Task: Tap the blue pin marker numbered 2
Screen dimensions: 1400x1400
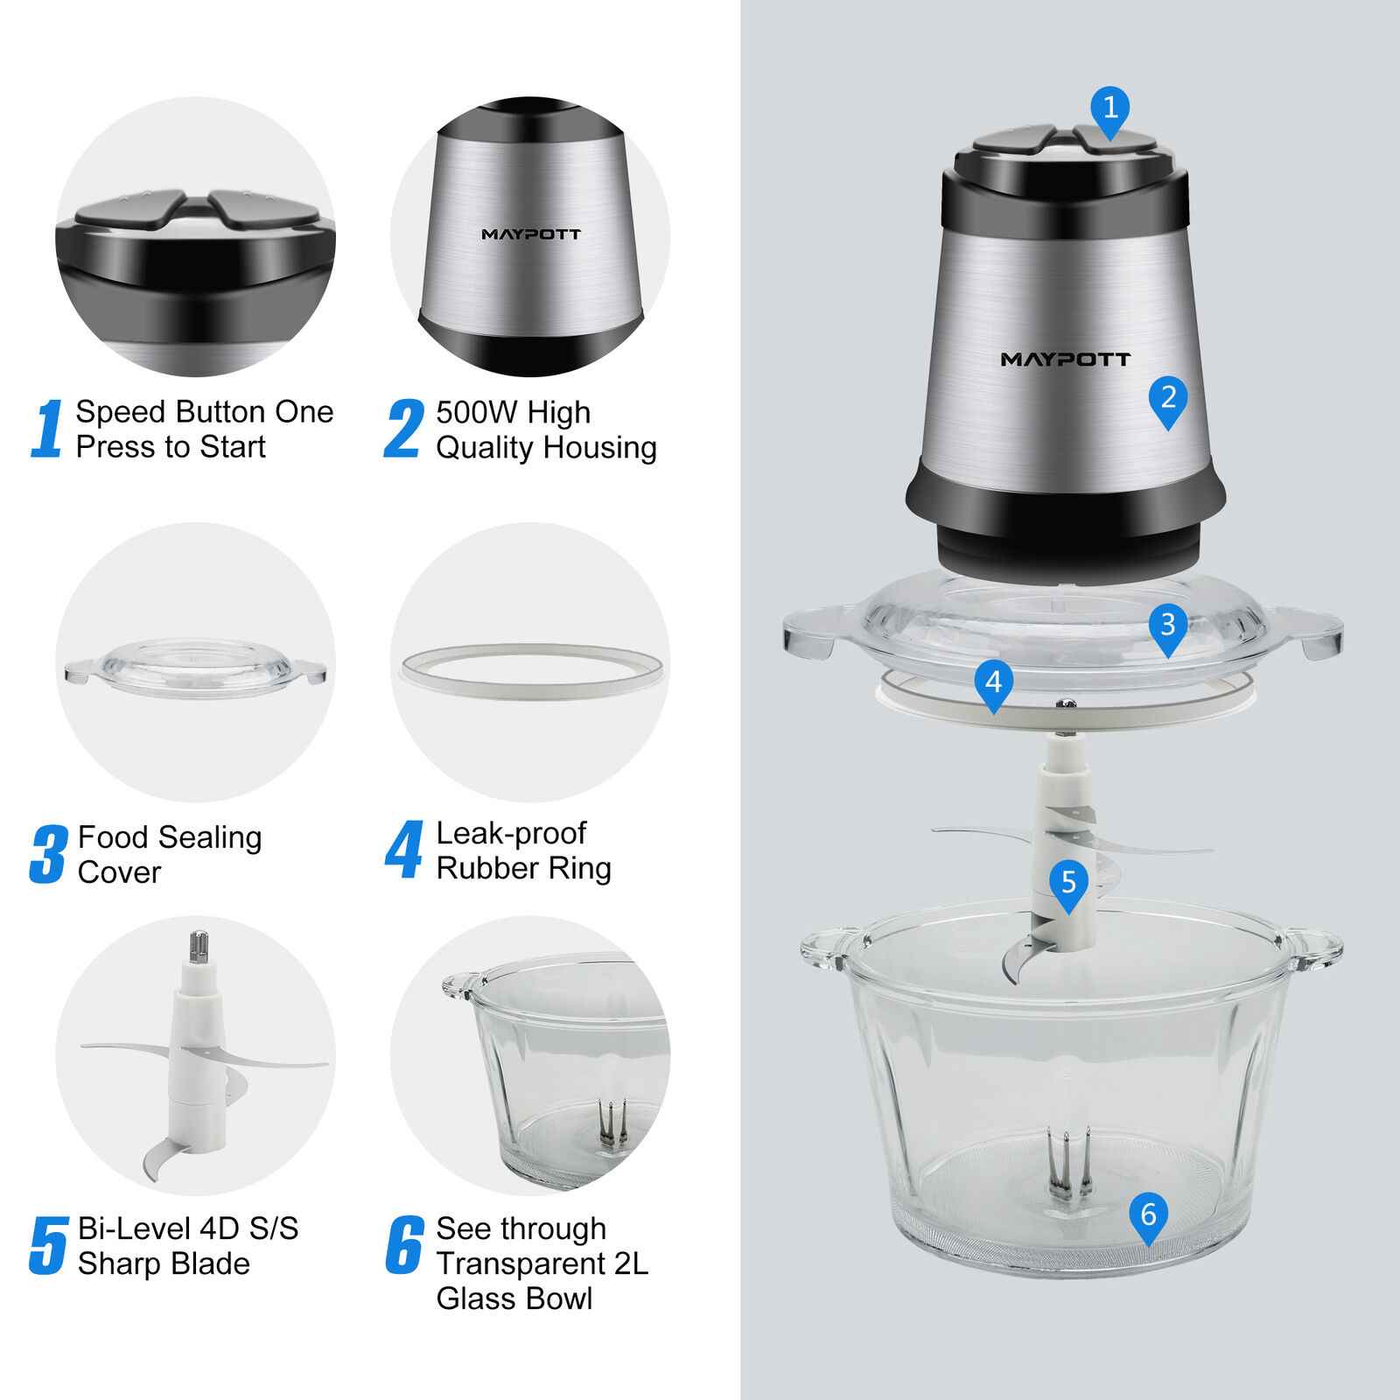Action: click(x=1168, y=400)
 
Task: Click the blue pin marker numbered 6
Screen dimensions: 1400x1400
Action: click(x=1148, y=1217)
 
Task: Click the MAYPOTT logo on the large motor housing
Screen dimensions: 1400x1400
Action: click(x=1065, y=359)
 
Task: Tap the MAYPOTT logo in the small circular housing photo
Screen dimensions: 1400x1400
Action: click(x=530, y=234)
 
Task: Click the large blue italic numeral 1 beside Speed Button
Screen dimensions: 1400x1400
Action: click(x=48, y=429)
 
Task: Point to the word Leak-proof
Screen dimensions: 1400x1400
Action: click(x=510, y=833)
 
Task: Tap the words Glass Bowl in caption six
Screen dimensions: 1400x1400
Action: click(x=514, y=1298)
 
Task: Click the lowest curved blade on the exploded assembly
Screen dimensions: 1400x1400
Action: click(x=1024, y=962)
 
